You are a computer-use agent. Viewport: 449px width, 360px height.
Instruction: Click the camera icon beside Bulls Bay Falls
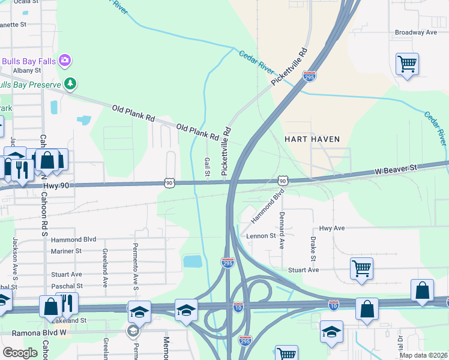click(65, 61)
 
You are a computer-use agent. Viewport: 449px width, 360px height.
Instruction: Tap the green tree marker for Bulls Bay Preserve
click(70, 83)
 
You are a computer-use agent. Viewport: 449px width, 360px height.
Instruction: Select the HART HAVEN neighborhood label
click(313, 139)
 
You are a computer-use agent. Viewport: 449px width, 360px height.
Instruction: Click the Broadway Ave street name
click(416, 32)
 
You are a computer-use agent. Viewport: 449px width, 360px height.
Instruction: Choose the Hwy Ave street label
click(332, 228)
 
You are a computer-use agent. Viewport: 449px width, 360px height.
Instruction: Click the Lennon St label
click(261, 236)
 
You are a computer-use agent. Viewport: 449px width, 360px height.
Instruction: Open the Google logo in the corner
click(20, 353)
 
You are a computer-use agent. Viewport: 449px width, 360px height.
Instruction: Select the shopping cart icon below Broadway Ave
click(408, 64)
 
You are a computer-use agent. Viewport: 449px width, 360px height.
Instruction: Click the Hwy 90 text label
click(57, 187)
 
